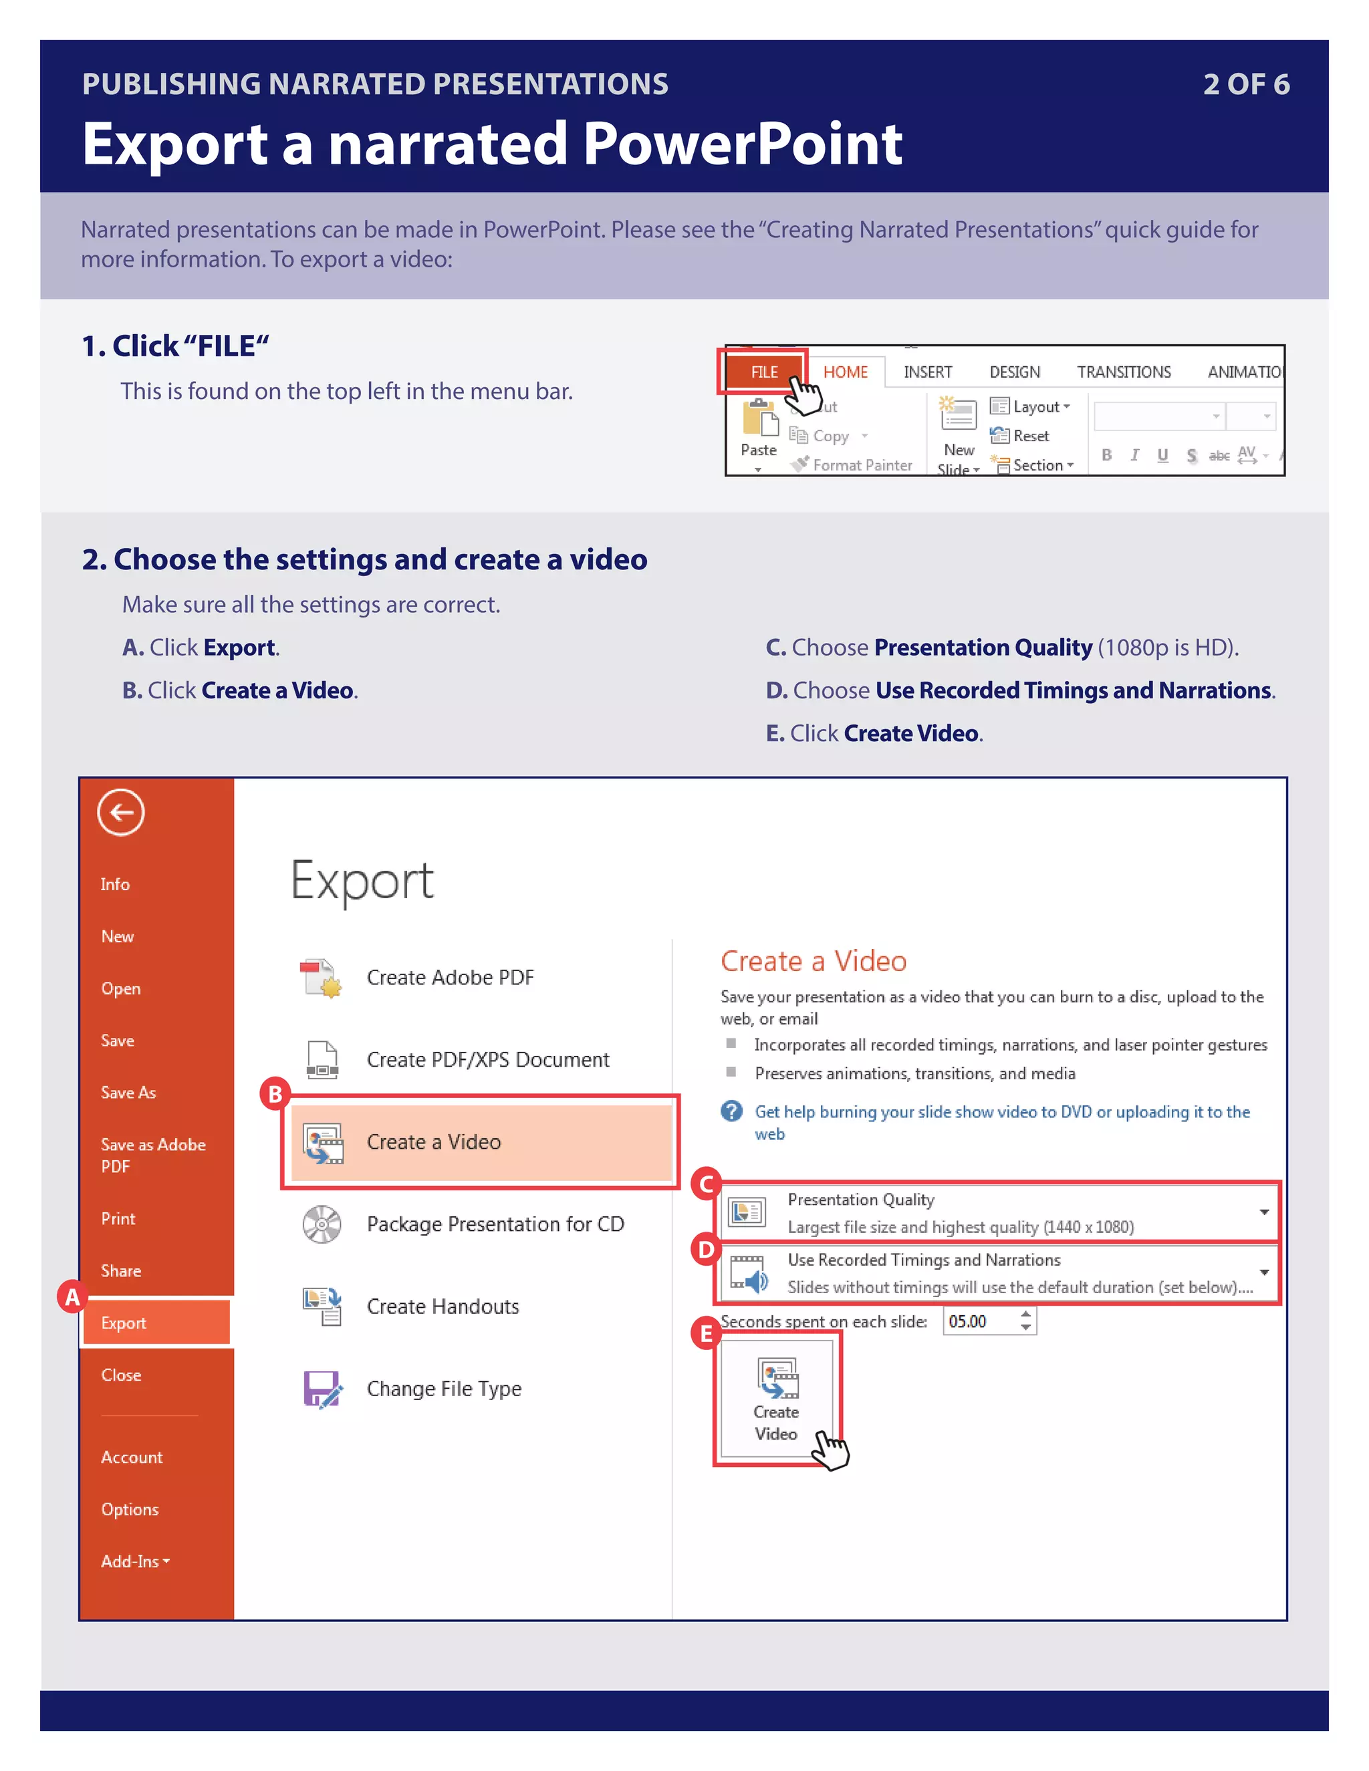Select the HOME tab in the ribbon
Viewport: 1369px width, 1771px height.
[845, 372]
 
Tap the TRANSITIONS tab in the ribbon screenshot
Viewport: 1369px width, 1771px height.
[1123, 372]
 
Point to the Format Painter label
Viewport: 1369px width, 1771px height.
[862, 465]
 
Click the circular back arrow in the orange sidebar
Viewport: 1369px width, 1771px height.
[121, 812]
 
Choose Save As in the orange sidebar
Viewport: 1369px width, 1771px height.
[128, 1092]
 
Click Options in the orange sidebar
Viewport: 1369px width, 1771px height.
[130, 1509]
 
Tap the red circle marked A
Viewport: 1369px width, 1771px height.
[72, 1297]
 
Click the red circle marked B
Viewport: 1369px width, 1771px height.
[275, 1094]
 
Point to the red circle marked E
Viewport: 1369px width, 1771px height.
[706, 1333]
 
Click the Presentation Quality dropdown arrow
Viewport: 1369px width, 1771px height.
[1263, 1212]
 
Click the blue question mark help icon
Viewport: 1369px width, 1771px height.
[731, 1111]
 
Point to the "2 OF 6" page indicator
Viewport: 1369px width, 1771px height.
[1246, 84]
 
